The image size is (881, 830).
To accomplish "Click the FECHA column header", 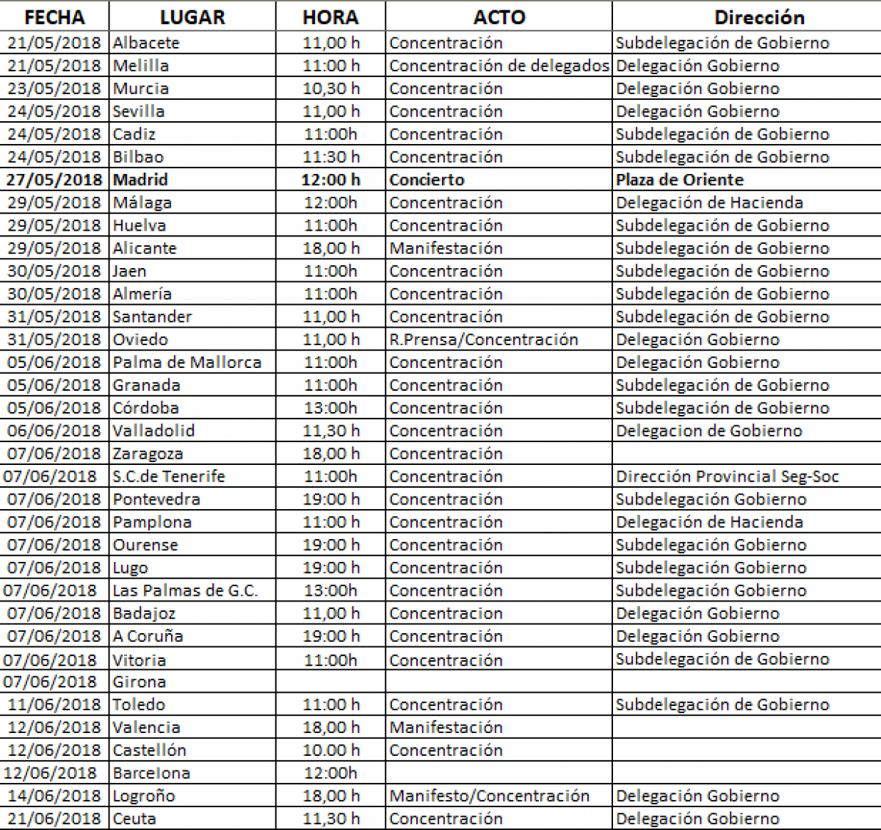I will [x=54, y=17].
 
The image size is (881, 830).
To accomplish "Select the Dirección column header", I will [x=759, y=17].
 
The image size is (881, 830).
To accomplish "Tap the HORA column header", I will [x=330, y=17].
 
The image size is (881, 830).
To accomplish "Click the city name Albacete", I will [x=146, y=43].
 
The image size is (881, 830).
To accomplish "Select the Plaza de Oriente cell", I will [x=680, y=180].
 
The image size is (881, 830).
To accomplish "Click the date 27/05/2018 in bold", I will [x=54, y=180].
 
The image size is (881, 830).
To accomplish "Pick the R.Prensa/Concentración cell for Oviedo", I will [x=484, y=339].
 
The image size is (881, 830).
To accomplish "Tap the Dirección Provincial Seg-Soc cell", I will [x=727, y=476].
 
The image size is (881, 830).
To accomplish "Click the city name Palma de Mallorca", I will [x=187, y=362].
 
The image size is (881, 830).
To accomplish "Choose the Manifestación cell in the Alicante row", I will [x=446, y=248].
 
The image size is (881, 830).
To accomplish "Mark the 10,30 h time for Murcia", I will [x=331, y=88].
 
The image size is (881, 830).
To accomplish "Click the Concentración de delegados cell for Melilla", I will [x=499, y=65].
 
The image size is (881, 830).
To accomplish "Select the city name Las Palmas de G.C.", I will [x=185, y=591].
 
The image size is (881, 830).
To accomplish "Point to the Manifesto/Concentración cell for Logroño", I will [x=489, y=795].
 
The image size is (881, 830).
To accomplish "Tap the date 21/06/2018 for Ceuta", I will [x=54, y=818].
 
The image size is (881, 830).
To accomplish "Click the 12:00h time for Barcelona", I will [x=330, y=773].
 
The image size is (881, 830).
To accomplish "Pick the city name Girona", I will [x=139, y=682].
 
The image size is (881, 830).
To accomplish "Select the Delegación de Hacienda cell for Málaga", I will [x=709, y=203].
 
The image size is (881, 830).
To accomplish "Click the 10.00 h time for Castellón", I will [x=331, y=750].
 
